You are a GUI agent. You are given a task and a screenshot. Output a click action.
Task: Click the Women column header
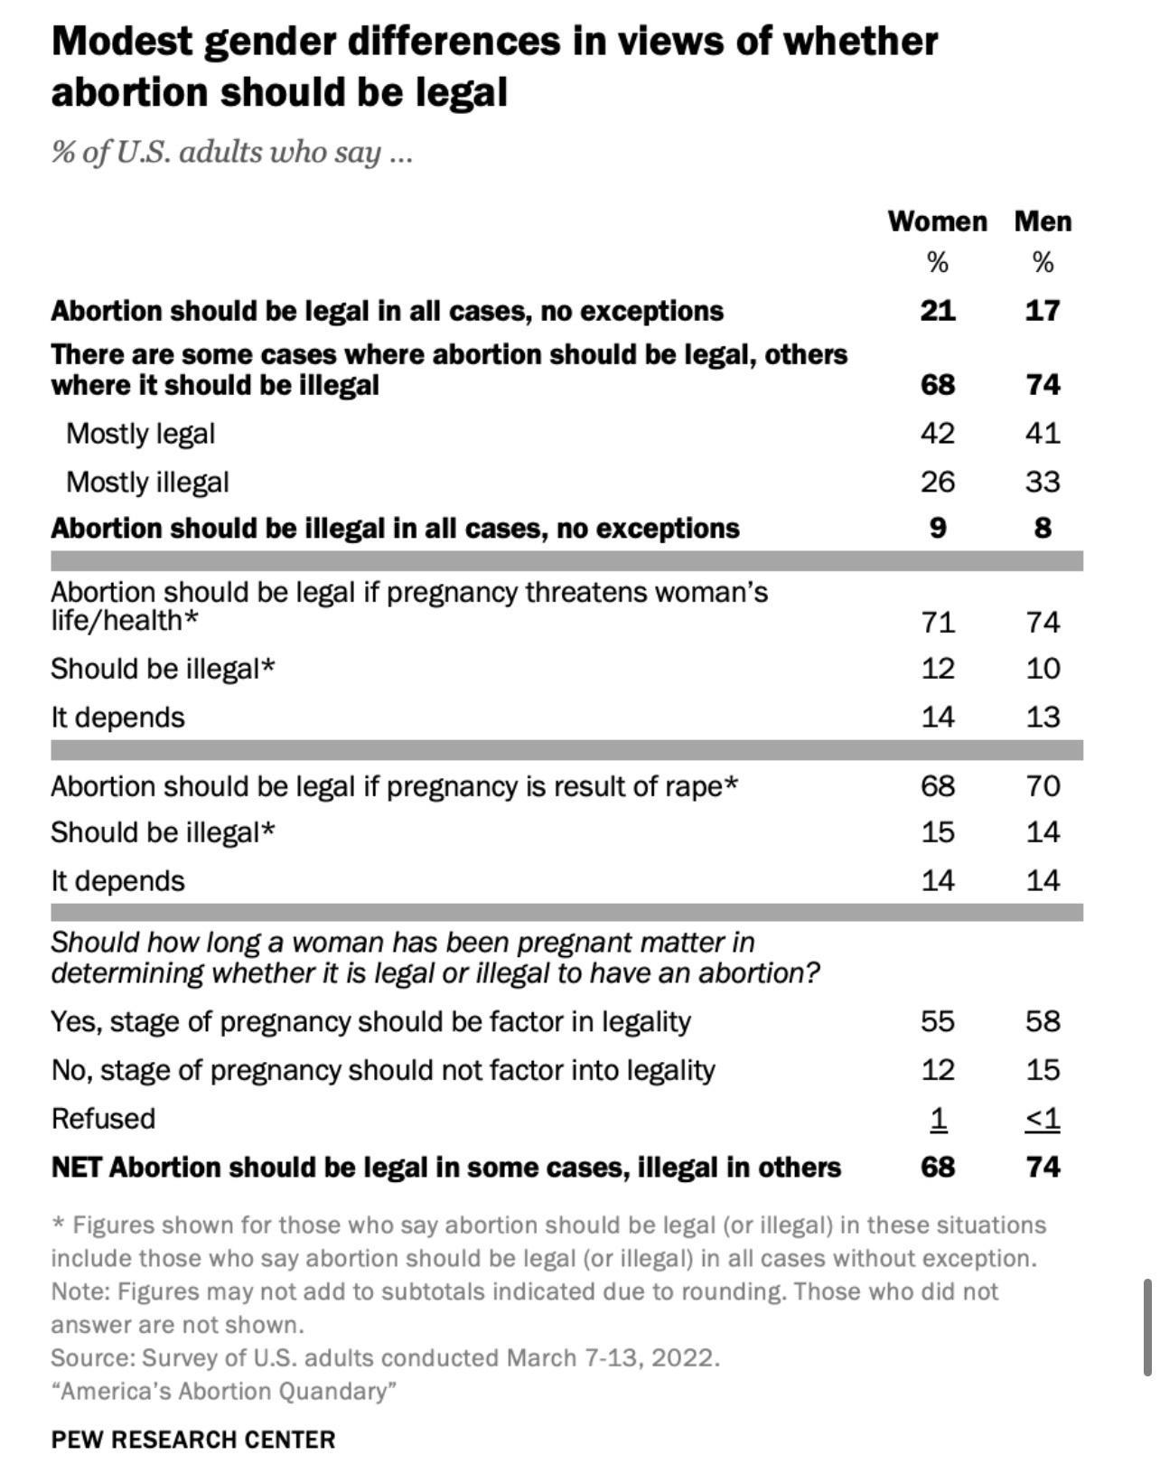tap(937, 221)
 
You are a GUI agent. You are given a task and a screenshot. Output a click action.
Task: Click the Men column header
tap(1043, 221)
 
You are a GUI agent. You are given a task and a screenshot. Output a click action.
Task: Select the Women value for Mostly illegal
tap(938, 482)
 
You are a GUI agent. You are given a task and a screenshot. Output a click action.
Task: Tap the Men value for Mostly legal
tap(1043, 434)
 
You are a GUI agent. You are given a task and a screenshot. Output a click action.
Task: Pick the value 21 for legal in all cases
tap(938, 311)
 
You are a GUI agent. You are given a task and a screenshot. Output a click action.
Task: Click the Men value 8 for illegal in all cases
tap(1043, 528)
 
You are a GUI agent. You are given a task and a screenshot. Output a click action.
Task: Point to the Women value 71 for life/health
tap(938, 623)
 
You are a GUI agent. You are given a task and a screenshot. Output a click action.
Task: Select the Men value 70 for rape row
tap(1043, 786)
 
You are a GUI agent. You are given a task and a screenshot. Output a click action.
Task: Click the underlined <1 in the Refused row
tap(1043, 1119)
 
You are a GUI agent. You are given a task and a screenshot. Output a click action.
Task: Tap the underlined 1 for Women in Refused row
tap(939, 1119)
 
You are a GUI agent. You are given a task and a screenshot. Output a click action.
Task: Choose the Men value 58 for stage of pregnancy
tap(1043, 1021)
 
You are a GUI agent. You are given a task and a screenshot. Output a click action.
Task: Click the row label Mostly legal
tap(140, 434)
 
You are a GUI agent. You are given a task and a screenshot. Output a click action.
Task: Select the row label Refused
tap(103, 1119)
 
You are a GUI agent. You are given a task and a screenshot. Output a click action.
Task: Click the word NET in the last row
tap(76, 1168)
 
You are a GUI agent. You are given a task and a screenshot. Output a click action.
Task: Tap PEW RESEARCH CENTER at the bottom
tap(192, 1440)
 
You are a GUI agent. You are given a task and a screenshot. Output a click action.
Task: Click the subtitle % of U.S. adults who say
tap(231, 152)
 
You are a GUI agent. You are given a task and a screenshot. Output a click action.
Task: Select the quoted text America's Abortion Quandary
tap(223, 1391)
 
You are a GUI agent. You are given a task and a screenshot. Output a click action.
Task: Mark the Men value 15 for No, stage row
tap(1043, 1070)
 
